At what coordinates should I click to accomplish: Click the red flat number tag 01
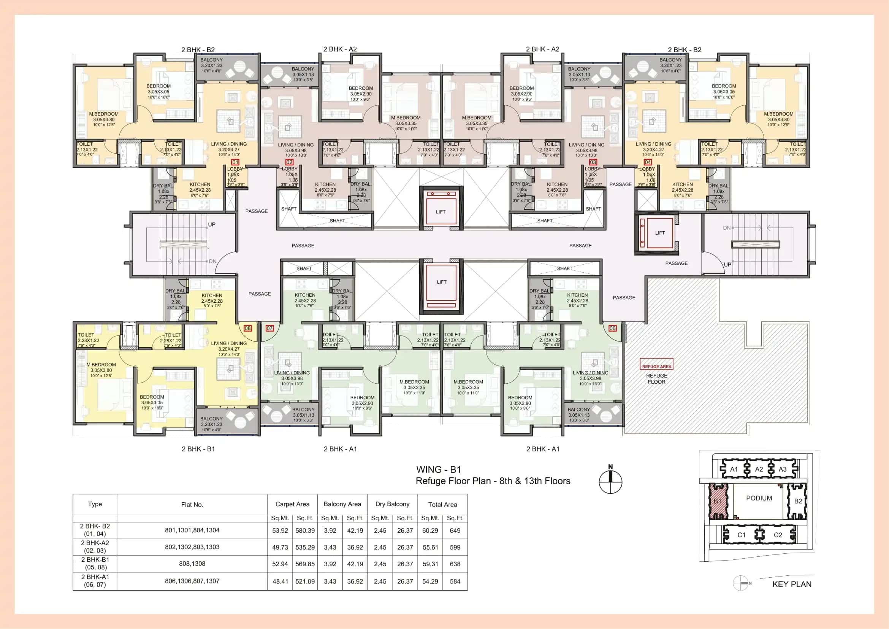[235, 162]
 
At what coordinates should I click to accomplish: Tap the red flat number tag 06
[612, 328]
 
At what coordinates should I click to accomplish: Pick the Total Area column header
[442, 504]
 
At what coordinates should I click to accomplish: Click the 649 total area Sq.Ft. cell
[455, 531]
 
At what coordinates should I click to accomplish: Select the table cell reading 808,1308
[192, 564]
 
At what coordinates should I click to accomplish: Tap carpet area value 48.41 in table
[280, 581]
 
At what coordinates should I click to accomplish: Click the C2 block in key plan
[778, 535]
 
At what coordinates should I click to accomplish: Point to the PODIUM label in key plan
[759, 498]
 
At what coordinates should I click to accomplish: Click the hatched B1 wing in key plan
[718, 501]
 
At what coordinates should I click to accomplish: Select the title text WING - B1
[438, 469]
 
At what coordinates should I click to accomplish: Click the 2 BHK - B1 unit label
[198, 449]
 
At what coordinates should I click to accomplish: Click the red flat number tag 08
[248, 328]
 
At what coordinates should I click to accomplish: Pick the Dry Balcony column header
[392, 504]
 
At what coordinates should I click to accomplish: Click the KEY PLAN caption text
[792, 584]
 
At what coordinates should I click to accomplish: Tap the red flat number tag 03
[593, 162]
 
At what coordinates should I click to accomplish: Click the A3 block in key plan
[783, 469]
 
